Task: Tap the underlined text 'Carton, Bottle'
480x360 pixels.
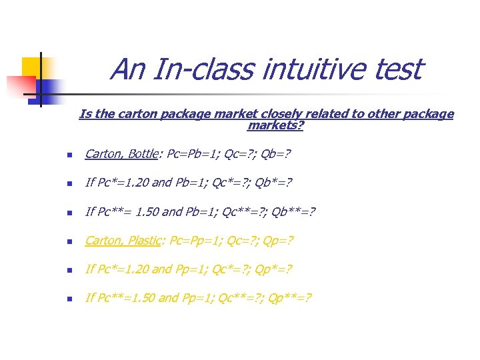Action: [120, 154]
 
